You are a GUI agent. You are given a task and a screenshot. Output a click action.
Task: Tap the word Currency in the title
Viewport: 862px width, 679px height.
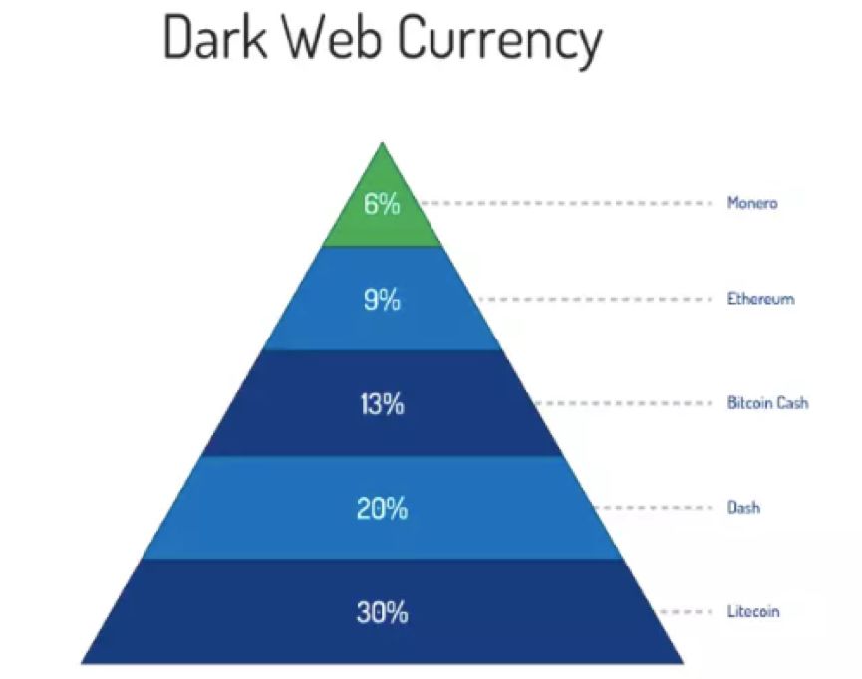point(499,42)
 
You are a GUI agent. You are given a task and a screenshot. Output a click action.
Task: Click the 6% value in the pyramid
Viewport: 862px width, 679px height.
point(382,204)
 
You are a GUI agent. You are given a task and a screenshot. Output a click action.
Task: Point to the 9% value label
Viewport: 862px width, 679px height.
point(382,300)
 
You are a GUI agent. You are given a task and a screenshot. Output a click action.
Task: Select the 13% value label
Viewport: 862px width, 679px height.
point(382,404)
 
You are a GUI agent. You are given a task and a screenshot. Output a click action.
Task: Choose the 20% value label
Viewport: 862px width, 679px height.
point(382,508)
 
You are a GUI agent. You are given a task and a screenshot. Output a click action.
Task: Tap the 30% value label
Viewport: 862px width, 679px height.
point(382,612)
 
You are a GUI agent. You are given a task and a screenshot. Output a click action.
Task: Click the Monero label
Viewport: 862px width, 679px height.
point(752,203)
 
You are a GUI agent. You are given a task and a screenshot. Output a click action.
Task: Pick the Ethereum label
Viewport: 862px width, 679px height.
point(760,299)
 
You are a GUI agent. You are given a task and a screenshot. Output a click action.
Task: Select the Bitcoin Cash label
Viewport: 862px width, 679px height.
point(767,402)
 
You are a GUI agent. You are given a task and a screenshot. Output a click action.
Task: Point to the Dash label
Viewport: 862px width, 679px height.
point(743,507)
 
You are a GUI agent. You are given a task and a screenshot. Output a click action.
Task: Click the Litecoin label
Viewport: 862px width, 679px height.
point(753,611)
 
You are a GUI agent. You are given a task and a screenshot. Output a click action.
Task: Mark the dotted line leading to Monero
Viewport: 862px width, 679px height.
point(565,203)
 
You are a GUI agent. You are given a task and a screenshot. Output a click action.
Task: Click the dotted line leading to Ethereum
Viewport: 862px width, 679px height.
point(595,299)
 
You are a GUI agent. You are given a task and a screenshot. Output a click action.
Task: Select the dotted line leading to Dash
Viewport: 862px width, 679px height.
point(653,507)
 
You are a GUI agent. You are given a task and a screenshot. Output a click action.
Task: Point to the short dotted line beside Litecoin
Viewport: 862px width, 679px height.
point(686,611)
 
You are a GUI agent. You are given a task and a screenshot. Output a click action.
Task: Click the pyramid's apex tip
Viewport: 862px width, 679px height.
point(382,142)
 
